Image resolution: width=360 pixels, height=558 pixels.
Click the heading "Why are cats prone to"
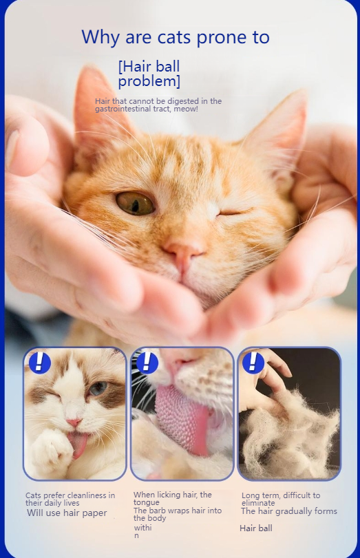click(175, 37)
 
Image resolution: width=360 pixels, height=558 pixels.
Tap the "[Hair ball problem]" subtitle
click(149, 74)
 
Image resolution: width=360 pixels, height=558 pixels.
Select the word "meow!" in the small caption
click(186, 109)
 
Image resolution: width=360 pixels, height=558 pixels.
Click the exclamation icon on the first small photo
click(39, 362)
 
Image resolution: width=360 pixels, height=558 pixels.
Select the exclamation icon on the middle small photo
click(147, 362)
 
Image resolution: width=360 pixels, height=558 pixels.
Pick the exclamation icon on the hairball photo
click(253, 362)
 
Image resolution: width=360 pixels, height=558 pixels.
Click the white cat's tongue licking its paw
click(79, 444)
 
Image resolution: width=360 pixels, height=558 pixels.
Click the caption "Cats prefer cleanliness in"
click(70, 495)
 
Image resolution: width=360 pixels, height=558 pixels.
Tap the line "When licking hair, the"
click(173, 495)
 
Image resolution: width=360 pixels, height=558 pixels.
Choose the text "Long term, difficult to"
click(281, 495)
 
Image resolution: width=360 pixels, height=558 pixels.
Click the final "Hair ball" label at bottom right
click(256, 528)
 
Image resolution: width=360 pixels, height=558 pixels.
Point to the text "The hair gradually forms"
click(289, 511)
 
